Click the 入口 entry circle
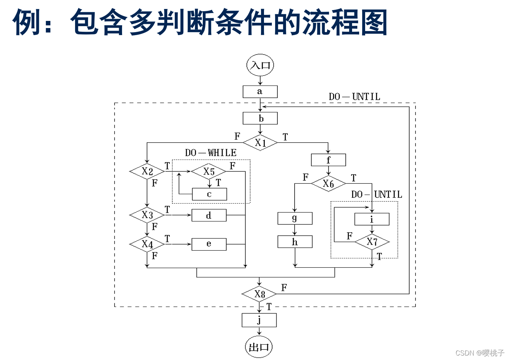(260, 65)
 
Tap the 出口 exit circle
(259, 347)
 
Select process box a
(260, 91)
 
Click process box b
(260, 118)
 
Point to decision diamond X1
(260, 143)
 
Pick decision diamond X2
(147, 171)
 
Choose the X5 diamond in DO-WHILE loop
(209, 171)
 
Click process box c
(209, 194)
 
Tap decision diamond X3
(147, 215)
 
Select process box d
(209, 215)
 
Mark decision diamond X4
(147, 244)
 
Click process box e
(209, 244)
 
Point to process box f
(328, 160)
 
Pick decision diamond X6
(328, 183)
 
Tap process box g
(295, 218)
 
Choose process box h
(295, 242)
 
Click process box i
(371, 219)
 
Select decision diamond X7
(372, 242)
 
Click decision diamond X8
(259, 294)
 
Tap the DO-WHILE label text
(211, 153)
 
